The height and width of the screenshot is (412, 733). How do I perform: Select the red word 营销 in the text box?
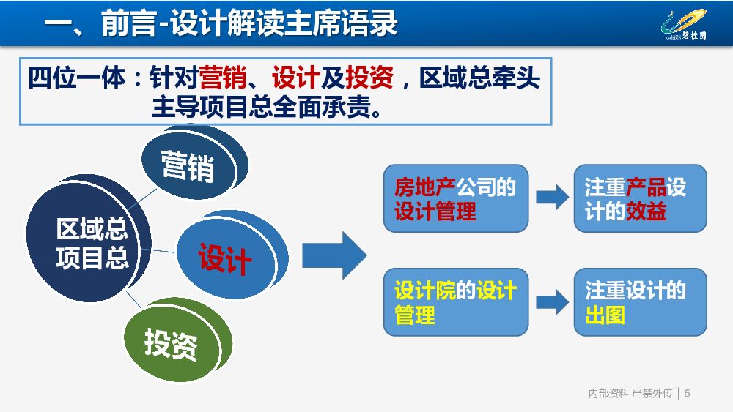click(x=223, y=77)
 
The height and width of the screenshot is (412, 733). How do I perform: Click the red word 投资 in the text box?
click(x=369, y=77)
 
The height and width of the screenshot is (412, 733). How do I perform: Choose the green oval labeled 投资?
click(x=172, y=342)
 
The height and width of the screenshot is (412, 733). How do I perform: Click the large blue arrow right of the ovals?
click(x=334, y=255)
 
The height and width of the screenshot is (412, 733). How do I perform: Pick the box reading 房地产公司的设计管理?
click(x=455, y=199)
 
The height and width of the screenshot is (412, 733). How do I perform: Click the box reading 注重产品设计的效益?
click(x=640, y=199)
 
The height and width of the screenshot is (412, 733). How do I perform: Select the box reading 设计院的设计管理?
click(x=455, y=302)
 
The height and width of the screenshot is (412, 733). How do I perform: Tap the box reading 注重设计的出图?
click(x=640, y=302)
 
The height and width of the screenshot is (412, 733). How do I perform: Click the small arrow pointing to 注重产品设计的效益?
click(x=552, y=196)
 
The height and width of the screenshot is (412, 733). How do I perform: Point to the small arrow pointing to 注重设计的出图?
click(x=552, y=301)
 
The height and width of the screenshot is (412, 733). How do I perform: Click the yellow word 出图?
click(x=605, y=316)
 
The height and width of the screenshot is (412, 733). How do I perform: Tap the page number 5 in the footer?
click(x=688, y=394)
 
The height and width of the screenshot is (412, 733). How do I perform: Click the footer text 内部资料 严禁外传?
click(x=630, y=394)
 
